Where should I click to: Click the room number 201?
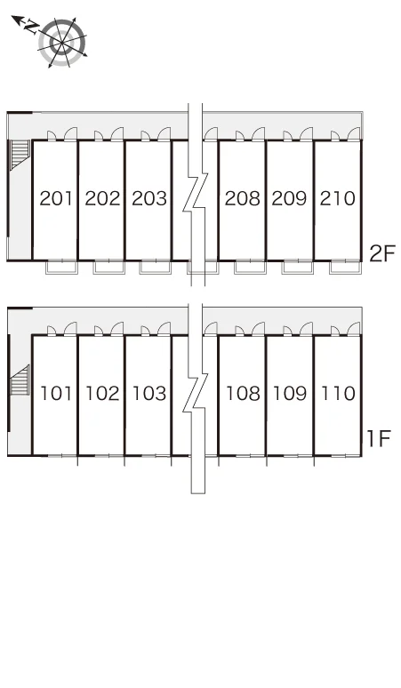[x=56, y=198]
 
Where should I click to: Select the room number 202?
[x=102, y=198]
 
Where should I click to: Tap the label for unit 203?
[x=149, y=198]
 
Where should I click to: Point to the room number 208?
[x=242, y=198]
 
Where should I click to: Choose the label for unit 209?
[x=289, y=198]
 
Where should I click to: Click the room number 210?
[x=337, y=198]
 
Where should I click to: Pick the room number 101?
[x=56, y=393]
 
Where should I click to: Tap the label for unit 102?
[x=102, y=393]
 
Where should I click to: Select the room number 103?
[x=149, y=393]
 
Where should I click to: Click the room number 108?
[x=243, y=393]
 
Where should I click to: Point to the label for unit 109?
[x=290, y=393]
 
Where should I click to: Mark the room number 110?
[x=338, y=393]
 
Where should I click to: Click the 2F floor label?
[x=382, y=253]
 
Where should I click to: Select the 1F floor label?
[x=379, y=438]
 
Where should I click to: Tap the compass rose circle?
[x=62, y=43]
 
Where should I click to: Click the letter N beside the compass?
[x=31, y=27]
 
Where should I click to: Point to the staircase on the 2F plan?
[x=20, y=154]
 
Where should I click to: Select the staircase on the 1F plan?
[x=20, y=380]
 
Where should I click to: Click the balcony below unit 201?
[x=62, y=267]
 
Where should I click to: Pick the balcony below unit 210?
[x=345, y=267]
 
